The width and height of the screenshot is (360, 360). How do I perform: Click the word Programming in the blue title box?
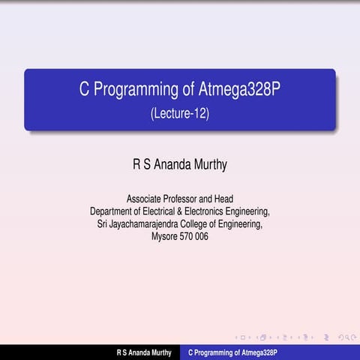pos(132,91)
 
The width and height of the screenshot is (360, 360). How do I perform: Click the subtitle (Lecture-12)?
pos(179,114)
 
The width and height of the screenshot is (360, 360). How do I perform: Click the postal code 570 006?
pos(196,236)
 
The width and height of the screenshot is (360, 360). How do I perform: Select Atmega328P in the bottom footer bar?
pos(256,352)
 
